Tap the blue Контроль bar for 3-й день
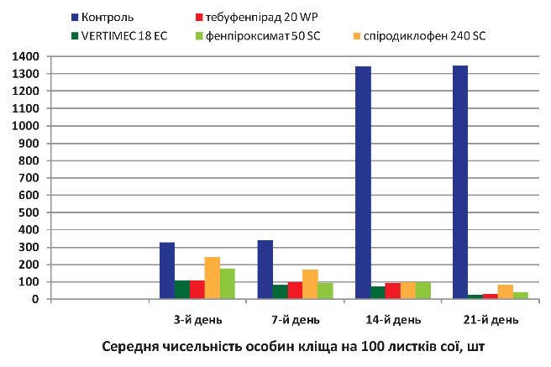(x=167, y=270)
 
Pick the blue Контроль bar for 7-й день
(x=265, y=270)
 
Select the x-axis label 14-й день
(x=387, y=319)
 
